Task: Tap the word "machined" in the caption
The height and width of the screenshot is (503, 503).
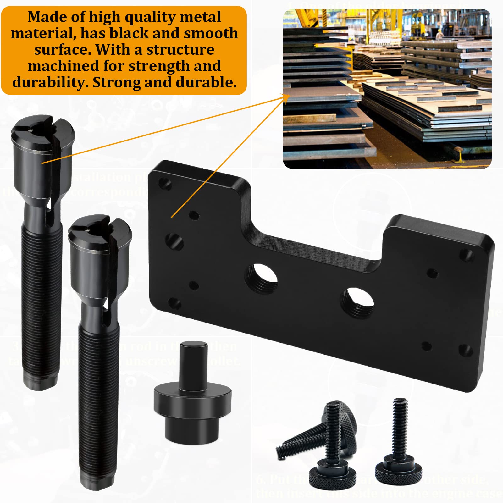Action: pyautogui.click(x=63, y=66)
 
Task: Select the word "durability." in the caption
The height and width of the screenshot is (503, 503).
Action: pyautogui.click(x=50, y=82)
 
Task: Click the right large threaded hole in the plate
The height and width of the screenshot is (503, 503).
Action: pyautogui.click(x=357, y=302)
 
